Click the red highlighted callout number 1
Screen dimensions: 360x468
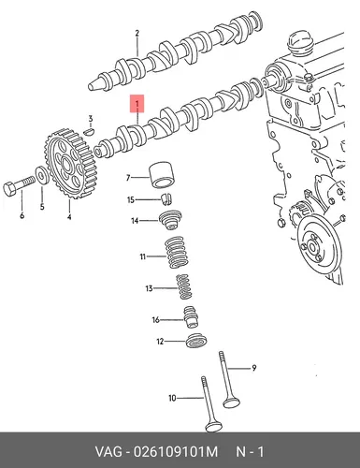coord(137,103)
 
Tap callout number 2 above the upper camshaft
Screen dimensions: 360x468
coord(137,33)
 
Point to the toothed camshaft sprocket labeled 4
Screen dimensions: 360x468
coord(69,163)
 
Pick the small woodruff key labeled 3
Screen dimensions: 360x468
coord(89,131)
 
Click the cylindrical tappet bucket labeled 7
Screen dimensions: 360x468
coord(163,176)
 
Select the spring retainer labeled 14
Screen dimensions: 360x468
coord(170,220)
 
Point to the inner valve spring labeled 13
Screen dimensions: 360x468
coord(184,286)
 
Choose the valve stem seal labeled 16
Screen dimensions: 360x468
coord(191,317)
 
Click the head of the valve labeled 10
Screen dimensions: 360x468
coord(214,426)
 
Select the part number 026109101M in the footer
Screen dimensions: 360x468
coord(176,452)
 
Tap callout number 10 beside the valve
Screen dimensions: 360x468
coord(172,398)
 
